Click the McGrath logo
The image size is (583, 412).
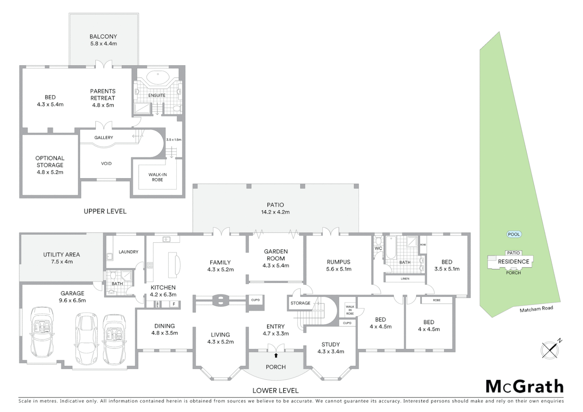[x=524, y=386]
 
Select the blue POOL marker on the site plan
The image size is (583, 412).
[x=514, y=234]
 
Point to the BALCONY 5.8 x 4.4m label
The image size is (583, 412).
[x=103, y=40]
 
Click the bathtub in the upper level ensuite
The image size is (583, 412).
[x=157, y=78]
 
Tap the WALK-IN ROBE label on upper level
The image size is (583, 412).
[x=157, y=177]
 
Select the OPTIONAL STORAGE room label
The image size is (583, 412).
[x=50, y=165]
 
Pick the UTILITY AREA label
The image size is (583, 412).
[x=61, y=258]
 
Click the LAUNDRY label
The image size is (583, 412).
[x=128, y=252]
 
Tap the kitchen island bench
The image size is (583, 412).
[x=173, y=263]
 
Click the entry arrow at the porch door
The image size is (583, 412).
[x=275, y=356]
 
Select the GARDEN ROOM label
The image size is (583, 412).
[x=275, y=258]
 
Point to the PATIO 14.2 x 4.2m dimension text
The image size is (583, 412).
[x=275, y=212]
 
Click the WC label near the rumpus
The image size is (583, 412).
[x=378, y=248]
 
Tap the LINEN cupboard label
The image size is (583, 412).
[x=405, y=278]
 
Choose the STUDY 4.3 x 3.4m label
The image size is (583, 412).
[x=330, y=348]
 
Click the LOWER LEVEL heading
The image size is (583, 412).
[x=275, y=390]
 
